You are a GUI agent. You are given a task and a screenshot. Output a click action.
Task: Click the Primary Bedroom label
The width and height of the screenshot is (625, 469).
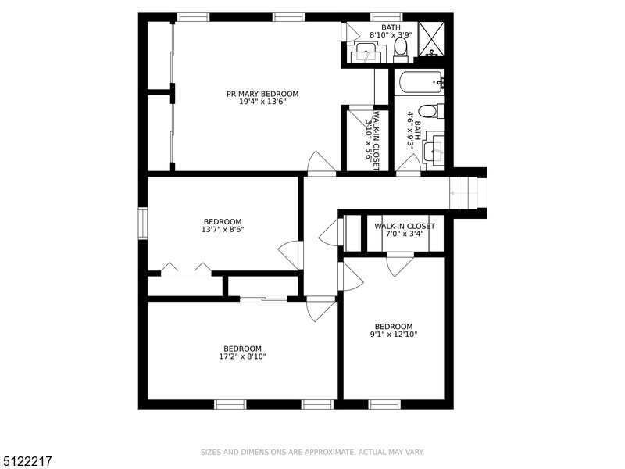pos(262,94)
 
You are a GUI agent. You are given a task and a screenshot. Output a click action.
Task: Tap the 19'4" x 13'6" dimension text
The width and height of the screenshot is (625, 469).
pos(262,102)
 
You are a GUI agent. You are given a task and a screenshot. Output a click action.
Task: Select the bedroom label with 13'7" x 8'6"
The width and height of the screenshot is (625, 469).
pos(223,222)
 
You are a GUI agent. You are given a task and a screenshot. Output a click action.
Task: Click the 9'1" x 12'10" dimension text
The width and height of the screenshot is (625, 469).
pos(394,335)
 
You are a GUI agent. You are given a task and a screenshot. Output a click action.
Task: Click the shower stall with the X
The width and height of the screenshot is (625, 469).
pos(430,39)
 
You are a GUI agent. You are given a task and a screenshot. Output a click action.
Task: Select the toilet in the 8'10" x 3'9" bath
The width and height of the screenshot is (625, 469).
pos(400,50)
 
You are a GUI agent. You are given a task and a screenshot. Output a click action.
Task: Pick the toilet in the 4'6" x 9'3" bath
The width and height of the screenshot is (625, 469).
pos(431,111)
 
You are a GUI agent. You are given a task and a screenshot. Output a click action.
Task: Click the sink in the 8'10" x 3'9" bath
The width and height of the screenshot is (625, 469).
pos(366,52)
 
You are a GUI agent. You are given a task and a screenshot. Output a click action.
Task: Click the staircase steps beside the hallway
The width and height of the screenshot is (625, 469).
pos(463,193)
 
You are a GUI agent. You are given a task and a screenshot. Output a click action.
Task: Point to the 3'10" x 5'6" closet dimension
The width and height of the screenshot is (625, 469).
pos(369,140)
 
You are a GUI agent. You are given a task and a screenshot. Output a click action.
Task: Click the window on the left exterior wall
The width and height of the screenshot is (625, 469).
pos(142,224)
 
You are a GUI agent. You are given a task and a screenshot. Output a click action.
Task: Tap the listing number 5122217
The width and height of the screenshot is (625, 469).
pos(26,461)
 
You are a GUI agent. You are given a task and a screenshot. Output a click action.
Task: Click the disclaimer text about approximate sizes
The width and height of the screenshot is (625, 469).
pos(312,452)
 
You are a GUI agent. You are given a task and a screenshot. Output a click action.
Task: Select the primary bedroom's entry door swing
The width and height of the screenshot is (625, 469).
pos(321,163)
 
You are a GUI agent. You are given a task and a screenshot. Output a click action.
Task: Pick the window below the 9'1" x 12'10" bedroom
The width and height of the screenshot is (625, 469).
pos(384,404)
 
